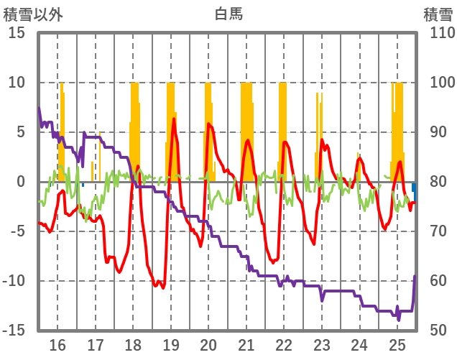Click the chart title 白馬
coord(228,13)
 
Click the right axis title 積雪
coord(437,13)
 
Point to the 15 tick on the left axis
coord(17,33)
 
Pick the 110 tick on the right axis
coord(437,33)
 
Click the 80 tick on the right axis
coord(433,182)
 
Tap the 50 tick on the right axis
coord(433,331)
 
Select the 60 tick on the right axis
coord(433,281)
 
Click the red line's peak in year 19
coord(174,119)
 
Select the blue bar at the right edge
coord(415,192)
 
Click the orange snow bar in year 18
coord(134,129)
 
